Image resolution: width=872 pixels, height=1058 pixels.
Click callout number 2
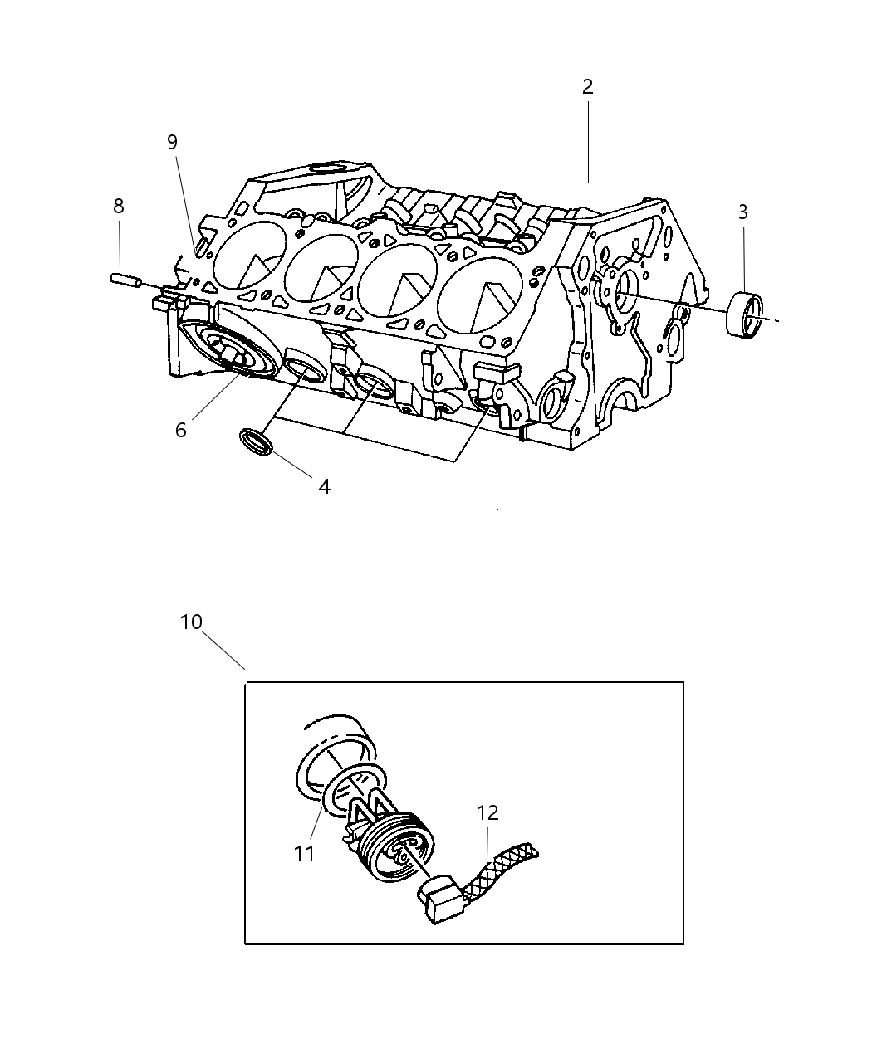coord(587,87)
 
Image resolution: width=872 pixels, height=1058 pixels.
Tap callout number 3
coord(742,212)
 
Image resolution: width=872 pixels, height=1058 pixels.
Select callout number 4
coord(324,487)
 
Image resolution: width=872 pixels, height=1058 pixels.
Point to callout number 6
coord(180,430)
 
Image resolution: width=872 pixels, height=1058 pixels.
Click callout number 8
coord(119,206)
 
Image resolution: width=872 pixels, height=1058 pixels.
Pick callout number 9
coord(172,142)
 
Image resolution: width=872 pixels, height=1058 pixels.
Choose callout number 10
coord(191,622)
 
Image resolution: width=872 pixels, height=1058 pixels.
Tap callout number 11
coord(305,852)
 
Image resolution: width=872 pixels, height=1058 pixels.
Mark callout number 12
coord(487,813)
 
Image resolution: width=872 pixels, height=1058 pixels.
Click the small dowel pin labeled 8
coord(125,280)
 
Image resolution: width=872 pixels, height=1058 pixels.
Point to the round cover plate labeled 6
coord(228,353)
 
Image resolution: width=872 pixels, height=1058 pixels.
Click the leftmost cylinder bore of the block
coord(249,256)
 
